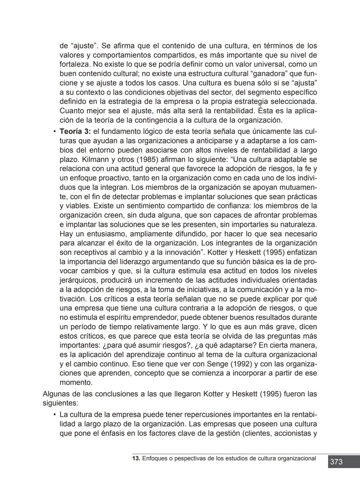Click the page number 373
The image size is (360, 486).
pyautogui.click(x=336, y=462)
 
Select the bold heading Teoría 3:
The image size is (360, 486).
pyautogui.click(x=75, y=132)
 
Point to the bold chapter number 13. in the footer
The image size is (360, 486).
pyautogui.click(x=136, y=458)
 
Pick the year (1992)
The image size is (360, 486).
pyautogui.click(x=242, y=364)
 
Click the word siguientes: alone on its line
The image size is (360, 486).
pyautogui.click(x=60, y=403)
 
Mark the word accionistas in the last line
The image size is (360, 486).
pyautogui.click(x=291, y=433)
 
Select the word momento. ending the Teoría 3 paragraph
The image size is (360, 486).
pyautogui.click(x=76, y=382)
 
